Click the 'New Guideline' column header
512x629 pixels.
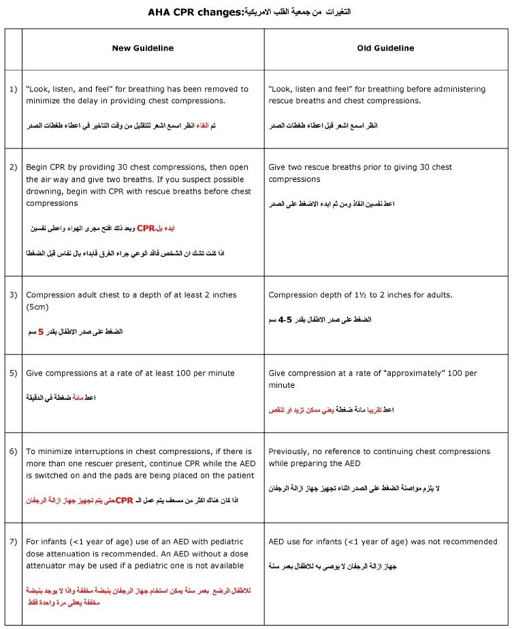click(143, 48)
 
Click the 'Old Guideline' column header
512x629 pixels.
click(385, 48)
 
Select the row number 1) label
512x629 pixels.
click(13, 89)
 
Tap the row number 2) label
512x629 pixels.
click(13, 167)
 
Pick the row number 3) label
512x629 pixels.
click(13, 295)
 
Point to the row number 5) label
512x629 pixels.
click(13, 373)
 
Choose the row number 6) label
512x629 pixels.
click(13, 452)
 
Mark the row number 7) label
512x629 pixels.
click(13, 542)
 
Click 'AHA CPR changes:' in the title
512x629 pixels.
click(195, 12)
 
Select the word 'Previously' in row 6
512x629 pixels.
click(289, 452)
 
